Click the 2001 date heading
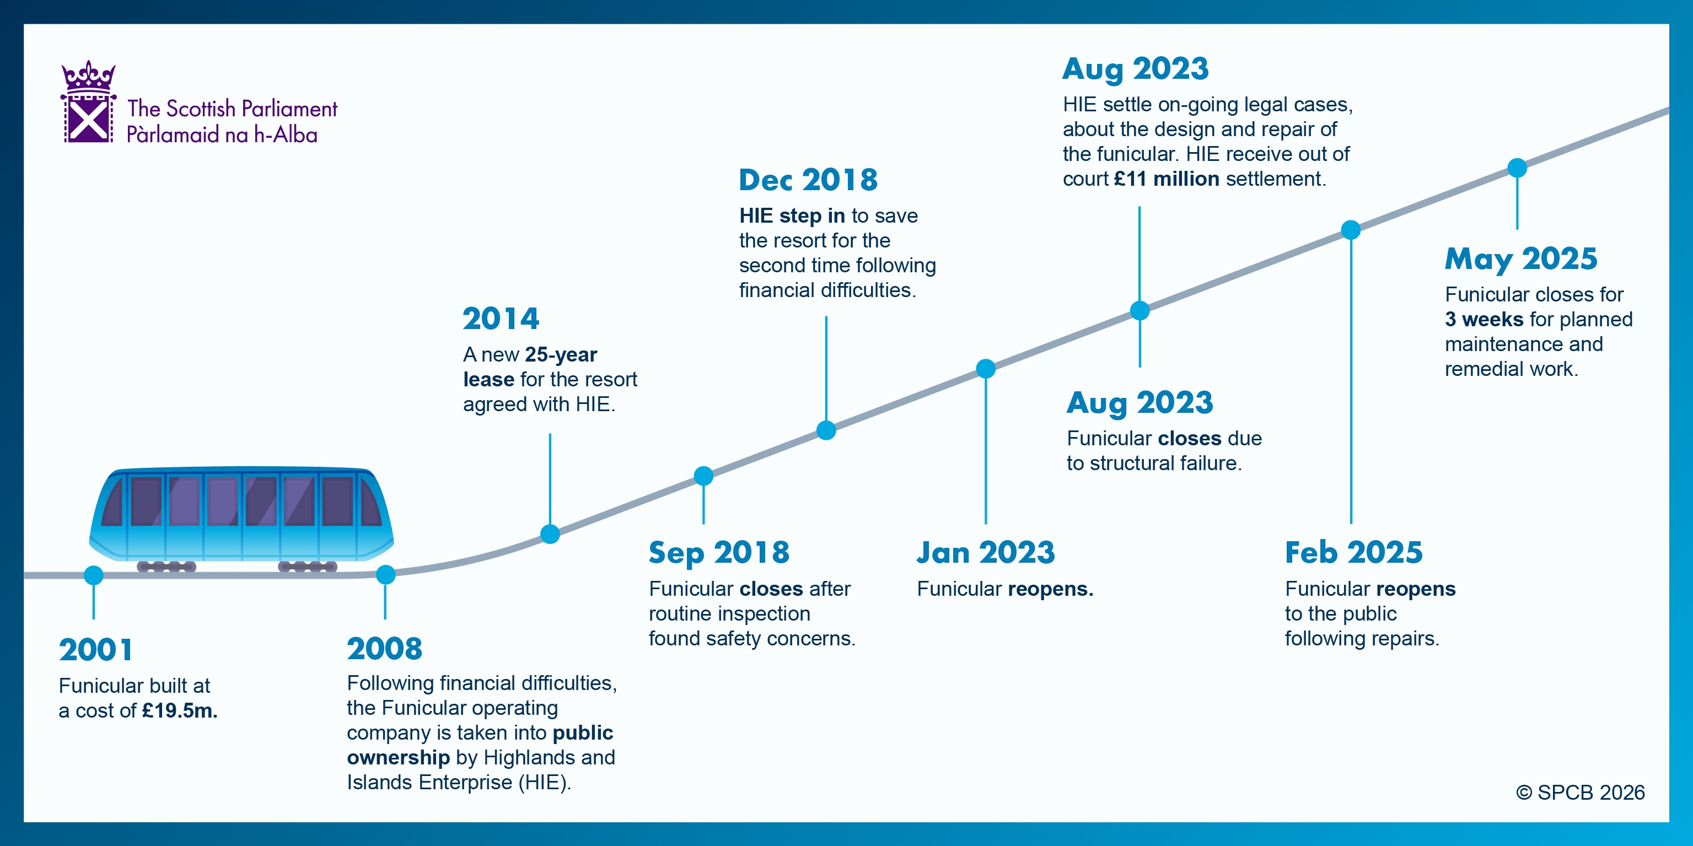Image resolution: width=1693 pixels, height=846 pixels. (96, 650)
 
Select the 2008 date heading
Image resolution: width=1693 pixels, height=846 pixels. (384, 648)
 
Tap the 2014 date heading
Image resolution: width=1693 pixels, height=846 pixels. (501, 319)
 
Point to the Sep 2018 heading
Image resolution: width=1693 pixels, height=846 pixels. (719, 553)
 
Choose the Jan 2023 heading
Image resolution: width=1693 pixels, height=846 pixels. (986, 552)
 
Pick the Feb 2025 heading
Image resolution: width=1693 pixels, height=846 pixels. (1354, 552)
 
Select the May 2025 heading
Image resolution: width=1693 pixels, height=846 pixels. (1521, 260)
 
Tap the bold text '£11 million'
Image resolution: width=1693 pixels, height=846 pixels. (1167, 179)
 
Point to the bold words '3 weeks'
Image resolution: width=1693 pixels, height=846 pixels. (1484, 319)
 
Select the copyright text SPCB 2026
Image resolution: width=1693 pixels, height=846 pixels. (1581, 793)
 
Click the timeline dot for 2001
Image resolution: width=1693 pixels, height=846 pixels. (94, 575)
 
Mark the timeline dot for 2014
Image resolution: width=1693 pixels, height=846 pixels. (550, 534)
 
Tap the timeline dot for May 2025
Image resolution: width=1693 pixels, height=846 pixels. (1517, 168)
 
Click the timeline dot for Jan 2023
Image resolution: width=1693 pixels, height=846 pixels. (986, 369)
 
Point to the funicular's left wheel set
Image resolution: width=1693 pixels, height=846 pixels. (166, 566)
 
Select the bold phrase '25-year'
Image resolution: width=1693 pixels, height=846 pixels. (561, 355)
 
